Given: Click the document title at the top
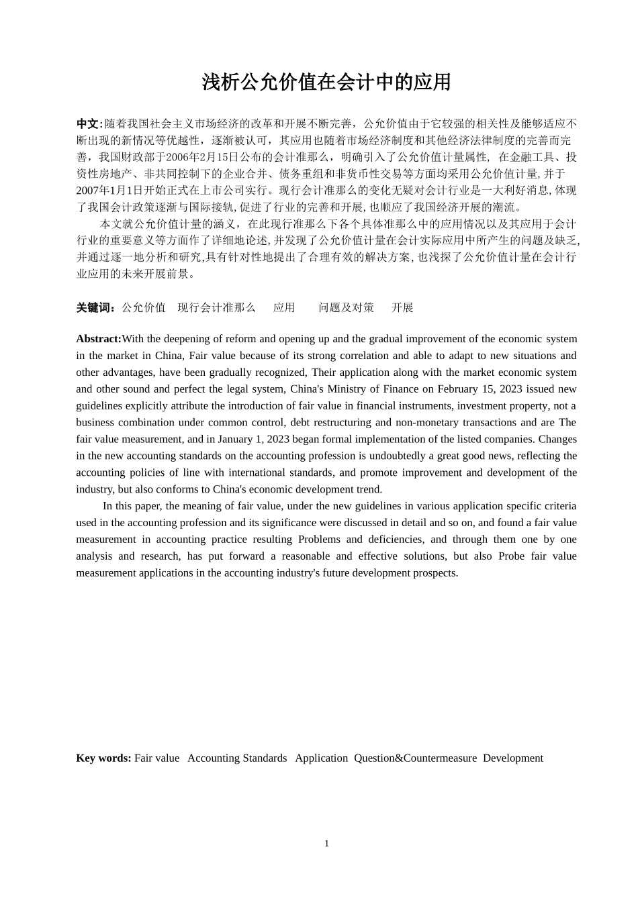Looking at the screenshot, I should tap(326, 83).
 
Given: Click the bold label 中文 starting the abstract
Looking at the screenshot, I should tap(87, 124).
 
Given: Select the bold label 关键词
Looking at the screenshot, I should tap(95, 308).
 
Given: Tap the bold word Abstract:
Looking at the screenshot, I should tap(99, 339).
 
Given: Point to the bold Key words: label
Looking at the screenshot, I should tap(103, 758).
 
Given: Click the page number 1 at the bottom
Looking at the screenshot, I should tap(327, 844).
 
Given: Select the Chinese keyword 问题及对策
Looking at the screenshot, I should tap(346, 308).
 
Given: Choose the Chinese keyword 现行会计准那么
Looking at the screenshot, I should tap(216, 308).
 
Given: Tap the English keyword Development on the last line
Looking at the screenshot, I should tap(512, 758).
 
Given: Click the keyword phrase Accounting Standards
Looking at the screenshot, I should tap(237, 758).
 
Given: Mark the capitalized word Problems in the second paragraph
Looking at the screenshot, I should tap(320, 540).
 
